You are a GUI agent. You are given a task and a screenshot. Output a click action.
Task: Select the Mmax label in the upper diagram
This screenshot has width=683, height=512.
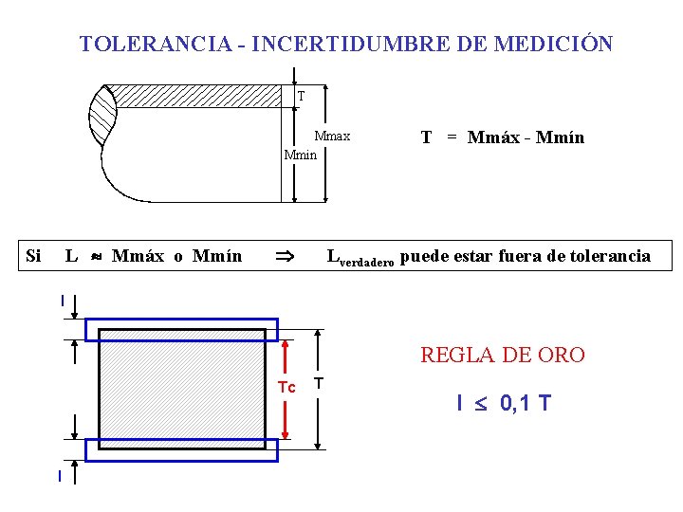pyautogui.click(x=332, y=137)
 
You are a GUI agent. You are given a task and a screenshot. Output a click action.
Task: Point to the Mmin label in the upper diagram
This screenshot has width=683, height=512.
pyautogui.click(x=300, y=155)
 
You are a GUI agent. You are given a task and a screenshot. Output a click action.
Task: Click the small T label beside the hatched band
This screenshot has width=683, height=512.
pyautogui.click(x=301, y=96)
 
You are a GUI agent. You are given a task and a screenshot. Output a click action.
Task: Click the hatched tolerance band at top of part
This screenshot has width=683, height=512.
pyautogui.click(x=199, y=95)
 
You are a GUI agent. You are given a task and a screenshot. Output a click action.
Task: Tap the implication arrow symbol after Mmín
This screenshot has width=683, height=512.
pyautogui.click(x=284, y=256)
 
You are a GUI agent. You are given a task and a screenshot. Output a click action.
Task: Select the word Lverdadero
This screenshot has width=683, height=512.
pyautogui.click(x=360, y=258)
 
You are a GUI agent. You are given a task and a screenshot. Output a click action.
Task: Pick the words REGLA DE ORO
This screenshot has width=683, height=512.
pyautogui.click(x=503, y=356)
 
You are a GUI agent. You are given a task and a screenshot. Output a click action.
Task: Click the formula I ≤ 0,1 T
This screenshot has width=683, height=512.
pyautogui.click(x=503, y=404)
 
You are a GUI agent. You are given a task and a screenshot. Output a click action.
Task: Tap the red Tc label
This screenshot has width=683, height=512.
pyautogui.click(x=286, y=387)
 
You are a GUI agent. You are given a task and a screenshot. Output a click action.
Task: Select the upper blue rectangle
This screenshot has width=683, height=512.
pyautogui.click(x=181, y=329)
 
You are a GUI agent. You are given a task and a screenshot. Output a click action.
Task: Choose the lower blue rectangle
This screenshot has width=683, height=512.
pyautogui.click(x=181, y=450)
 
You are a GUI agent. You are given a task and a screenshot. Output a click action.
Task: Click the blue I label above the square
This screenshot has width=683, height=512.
pyautogui.click(x=62, y=301)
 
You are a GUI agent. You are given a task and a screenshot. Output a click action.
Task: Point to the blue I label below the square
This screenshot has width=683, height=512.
pyautogui.click(x=59, y=476)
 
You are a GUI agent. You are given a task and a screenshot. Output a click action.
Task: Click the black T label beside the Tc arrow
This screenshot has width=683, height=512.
pyautogui.click(x=319, y=383)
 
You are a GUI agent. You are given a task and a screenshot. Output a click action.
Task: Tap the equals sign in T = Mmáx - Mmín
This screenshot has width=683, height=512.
pyautogui.click(x=452, y=137)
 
